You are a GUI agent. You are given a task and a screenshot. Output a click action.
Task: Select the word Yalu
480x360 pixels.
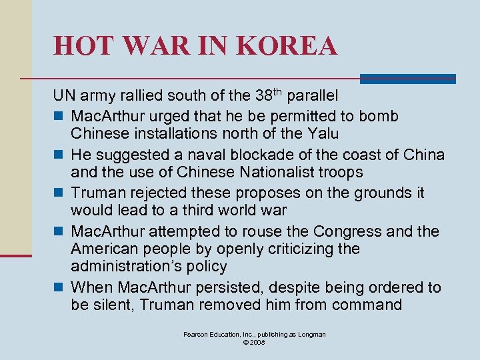point(325,133)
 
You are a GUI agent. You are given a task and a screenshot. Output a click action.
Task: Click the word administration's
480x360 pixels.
point(126,267)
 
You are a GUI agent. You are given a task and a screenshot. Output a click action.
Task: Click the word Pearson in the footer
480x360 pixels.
point(198,334)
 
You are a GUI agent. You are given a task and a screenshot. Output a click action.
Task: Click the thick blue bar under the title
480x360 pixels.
point(407,79)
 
